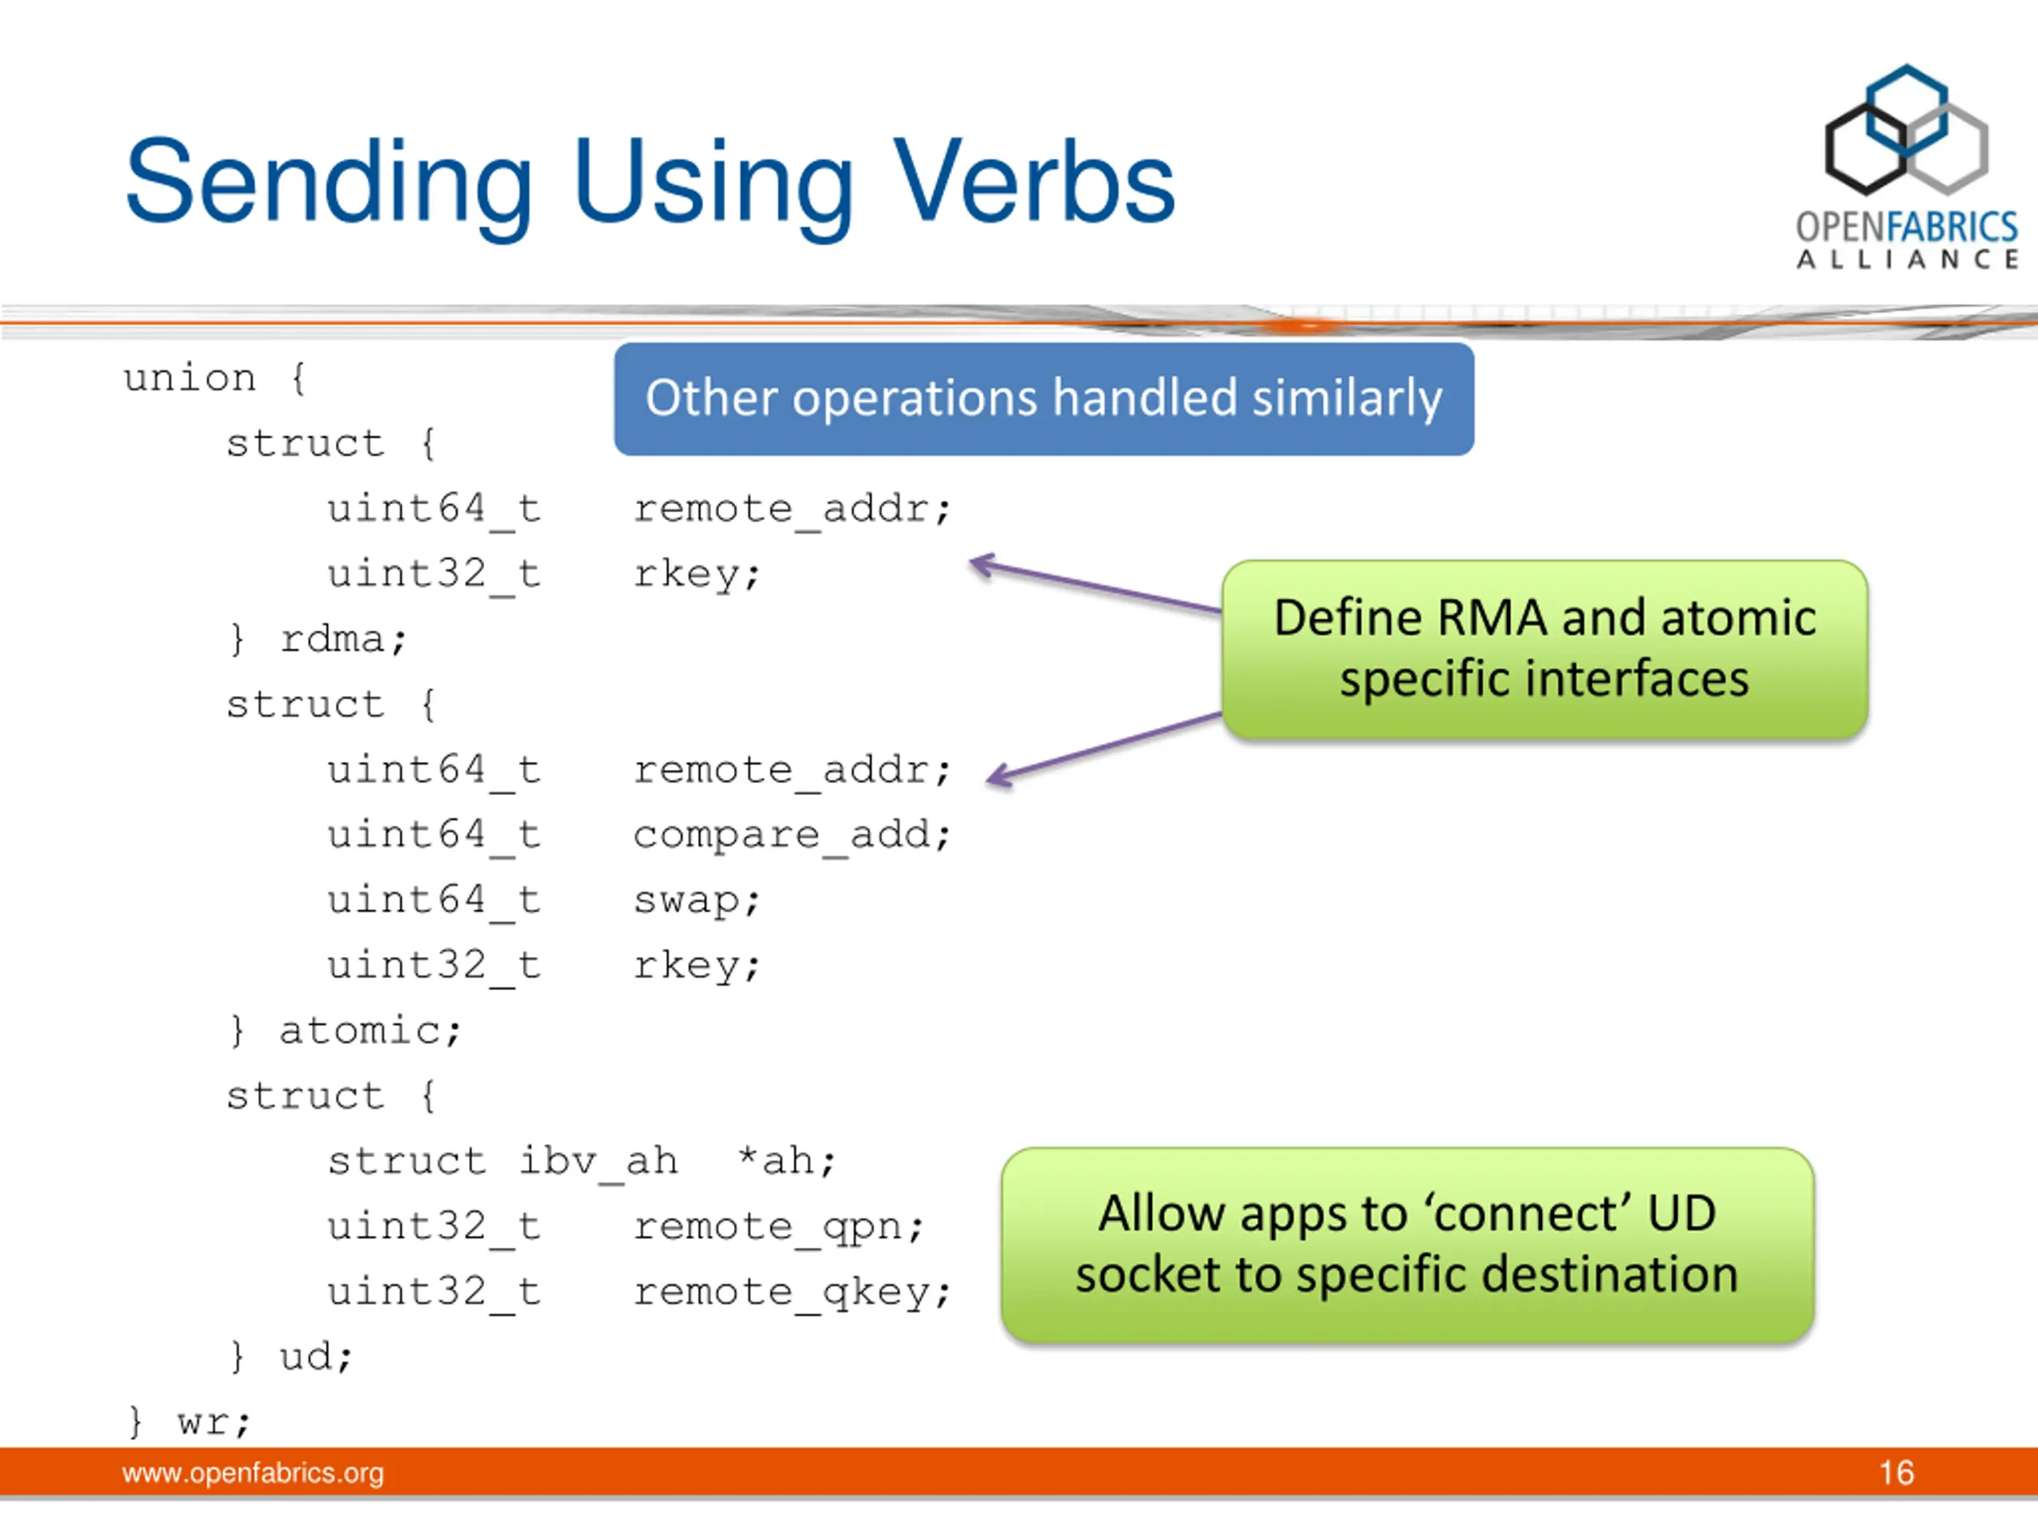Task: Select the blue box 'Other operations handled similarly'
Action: click(x=1043, y=399)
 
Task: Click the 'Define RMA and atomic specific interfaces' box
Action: click(x=1544, y=649)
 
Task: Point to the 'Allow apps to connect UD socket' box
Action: click(x=1407, y=1244)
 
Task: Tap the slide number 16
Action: click(x=1896, y=1472)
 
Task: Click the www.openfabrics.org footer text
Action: click(x=252, y=1472)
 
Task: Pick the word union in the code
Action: click(x=189, y=378)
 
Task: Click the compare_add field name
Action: click(x=791, y=836)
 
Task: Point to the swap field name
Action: click(x=696, y=901)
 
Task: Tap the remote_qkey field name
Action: click(x=791, y=1292)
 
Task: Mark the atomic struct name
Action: click(x=369, y=1030)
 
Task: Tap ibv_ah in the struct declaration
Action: click(x=599, y=1161)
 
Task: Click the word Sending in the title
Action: click(x=329, y=182)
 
